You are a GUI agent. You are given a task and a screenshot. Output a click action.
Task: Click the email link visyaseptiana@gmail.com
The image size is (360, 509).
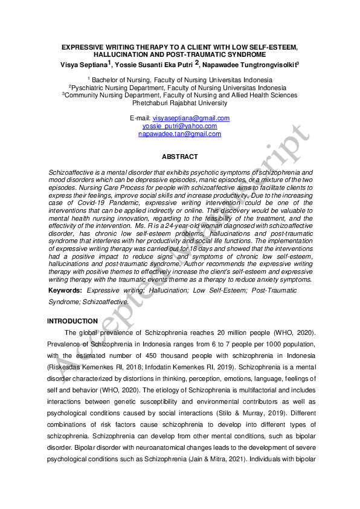coord(191,118)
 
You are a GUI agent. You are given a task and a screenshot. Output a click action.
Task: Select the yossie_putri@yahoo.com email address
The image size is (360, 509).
coord(179,126)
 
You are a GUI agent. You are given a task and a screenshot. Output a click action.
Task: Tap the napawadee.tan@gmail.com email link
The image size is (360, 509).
coord(179,134)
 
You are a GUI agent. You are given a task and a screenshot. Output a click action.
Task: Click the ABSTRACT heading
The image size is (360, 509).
coord(179,157)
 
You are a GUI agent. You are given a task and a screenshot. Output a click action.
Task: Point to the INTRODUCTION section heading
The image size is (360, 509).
coord(72,321)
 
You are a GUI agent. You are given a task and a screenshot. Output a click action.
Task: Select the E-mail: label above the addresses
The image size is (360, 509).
coord(140,118)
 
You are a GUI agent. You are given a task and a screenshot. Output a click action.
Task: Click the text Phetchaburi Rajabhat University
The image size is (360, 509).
coord(179,103)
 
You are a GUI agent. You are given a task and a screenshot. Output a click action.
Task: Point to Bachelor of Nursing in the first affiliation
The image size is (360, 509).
coord(120,80)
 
